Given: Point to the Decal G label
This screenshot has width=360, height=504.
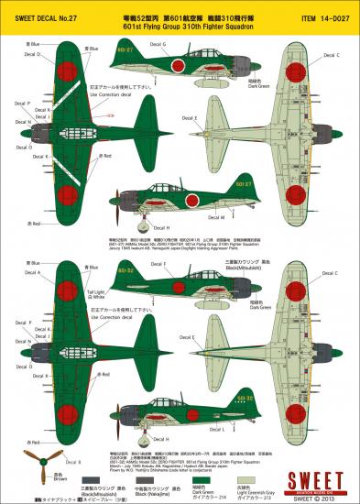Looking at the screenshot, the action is tap(157, 44).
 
